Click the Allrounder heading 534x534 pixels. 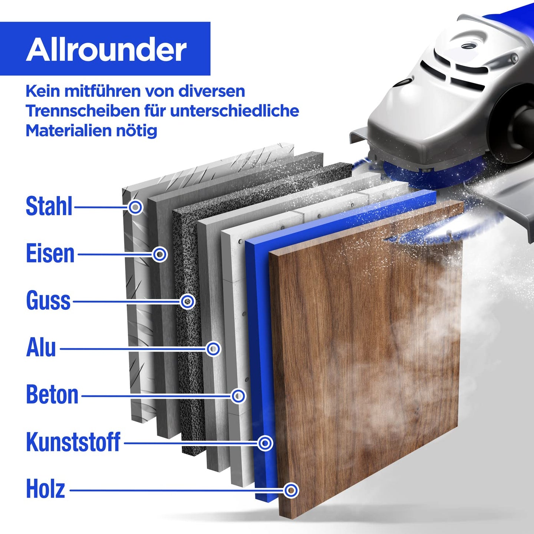point(106,50)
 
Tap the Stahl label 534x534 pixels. point(49,206)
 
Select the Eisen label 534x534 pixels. point(50,254)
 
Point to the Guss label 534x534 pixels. point(48,301)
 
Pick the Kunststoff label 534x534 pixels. point(73,442)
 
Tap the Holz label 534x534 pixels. point(46,489)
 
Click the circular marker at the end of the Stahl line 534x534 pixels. point(135,207)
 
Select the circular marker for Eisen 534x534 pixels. point(159,254)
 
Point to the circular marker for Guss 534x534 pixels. point(188,301)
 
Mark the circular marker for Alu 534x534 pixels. point(213,349)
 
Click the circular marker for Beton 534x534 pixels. point(238,396)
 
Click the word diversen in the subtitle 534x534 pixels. point(212,92)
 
